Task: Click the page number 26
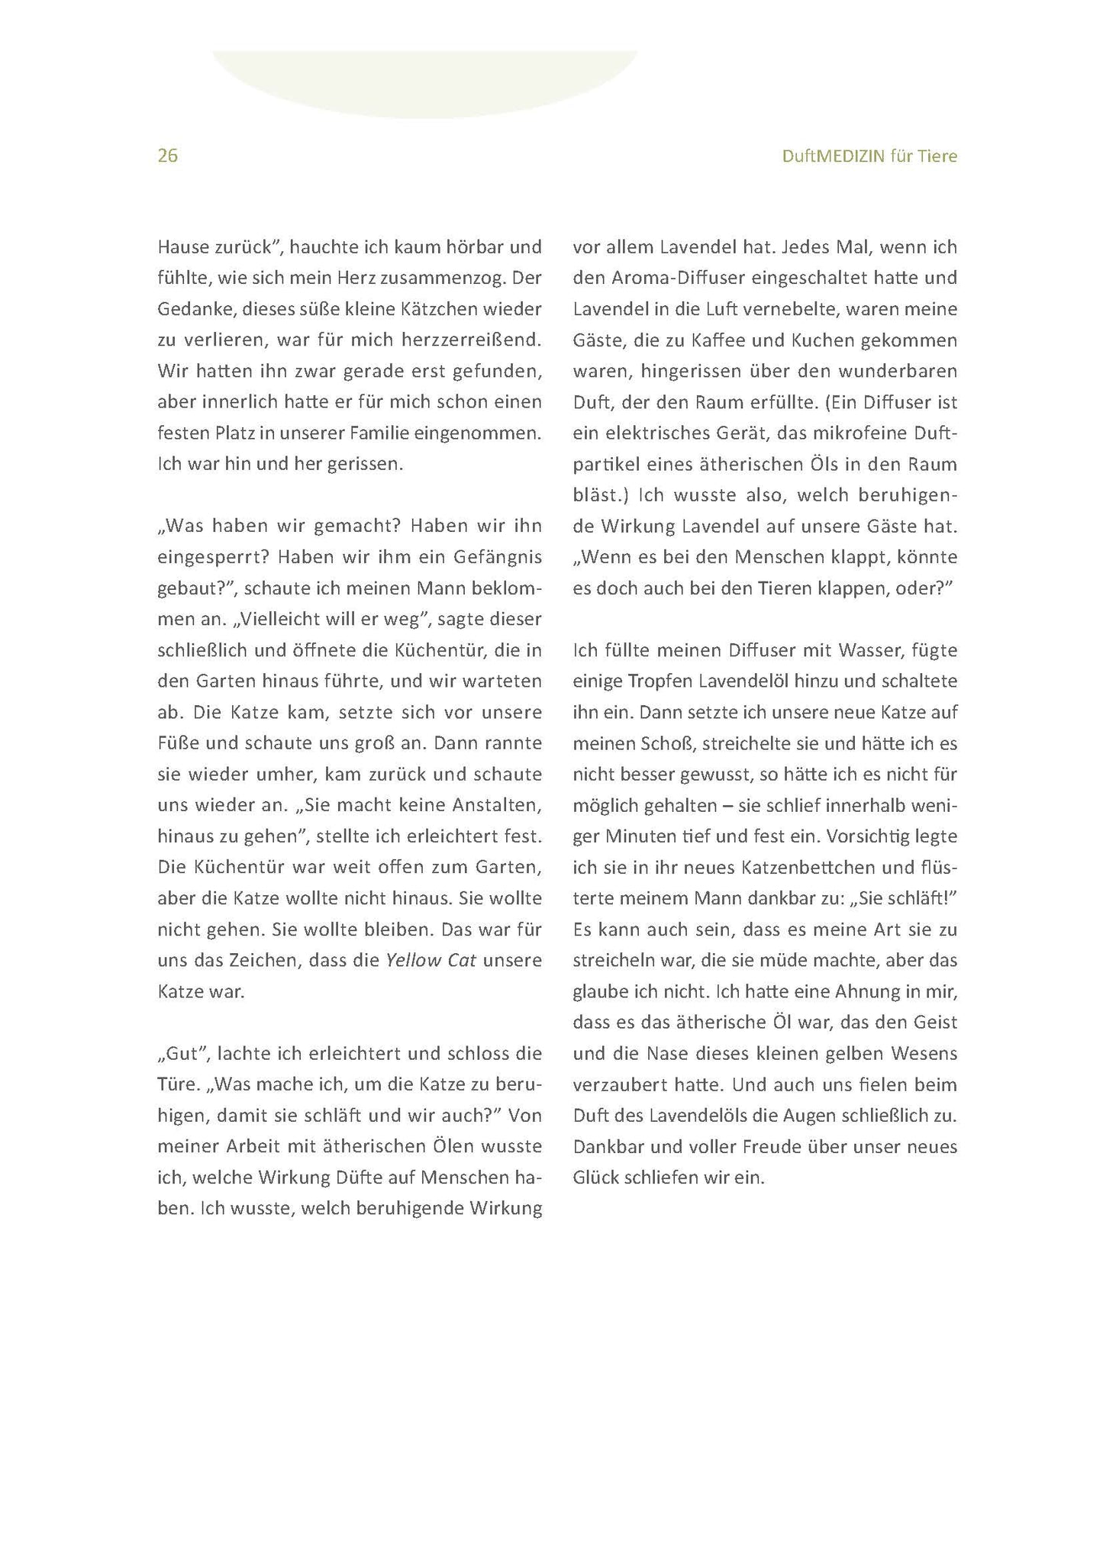tap(167, 156)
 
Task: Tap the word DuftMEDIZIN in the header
tap(833, 156)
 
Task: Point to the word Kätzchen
tap(427, 309)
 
